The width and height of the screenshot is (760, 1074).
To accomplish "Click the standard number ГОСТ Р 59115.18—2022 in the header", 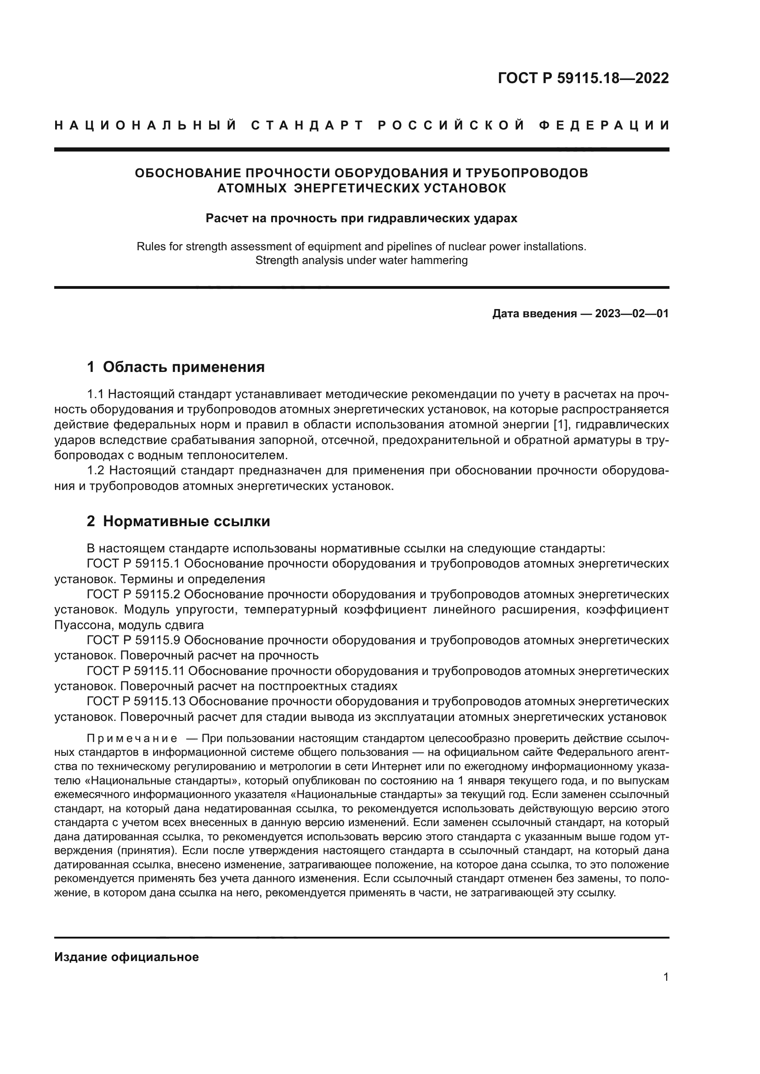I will point(583,78).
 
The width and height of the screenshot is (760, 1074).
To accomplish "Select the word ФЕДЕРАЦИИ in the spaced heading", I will point(604,125).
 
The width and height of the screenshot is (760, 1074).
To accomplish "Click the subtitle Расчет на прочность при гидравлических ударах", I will point(361,219).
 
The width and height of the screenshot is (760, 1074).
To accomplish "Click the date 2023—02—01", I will point(632,314).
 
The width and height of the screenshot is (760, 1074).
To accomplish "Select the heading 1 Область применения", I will point(176,367).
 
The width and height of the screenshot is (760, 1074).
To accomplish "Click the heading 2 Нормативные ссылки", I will point(178,522).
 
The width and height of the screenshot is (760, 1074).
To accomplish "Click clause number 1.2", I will point(96,471).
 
